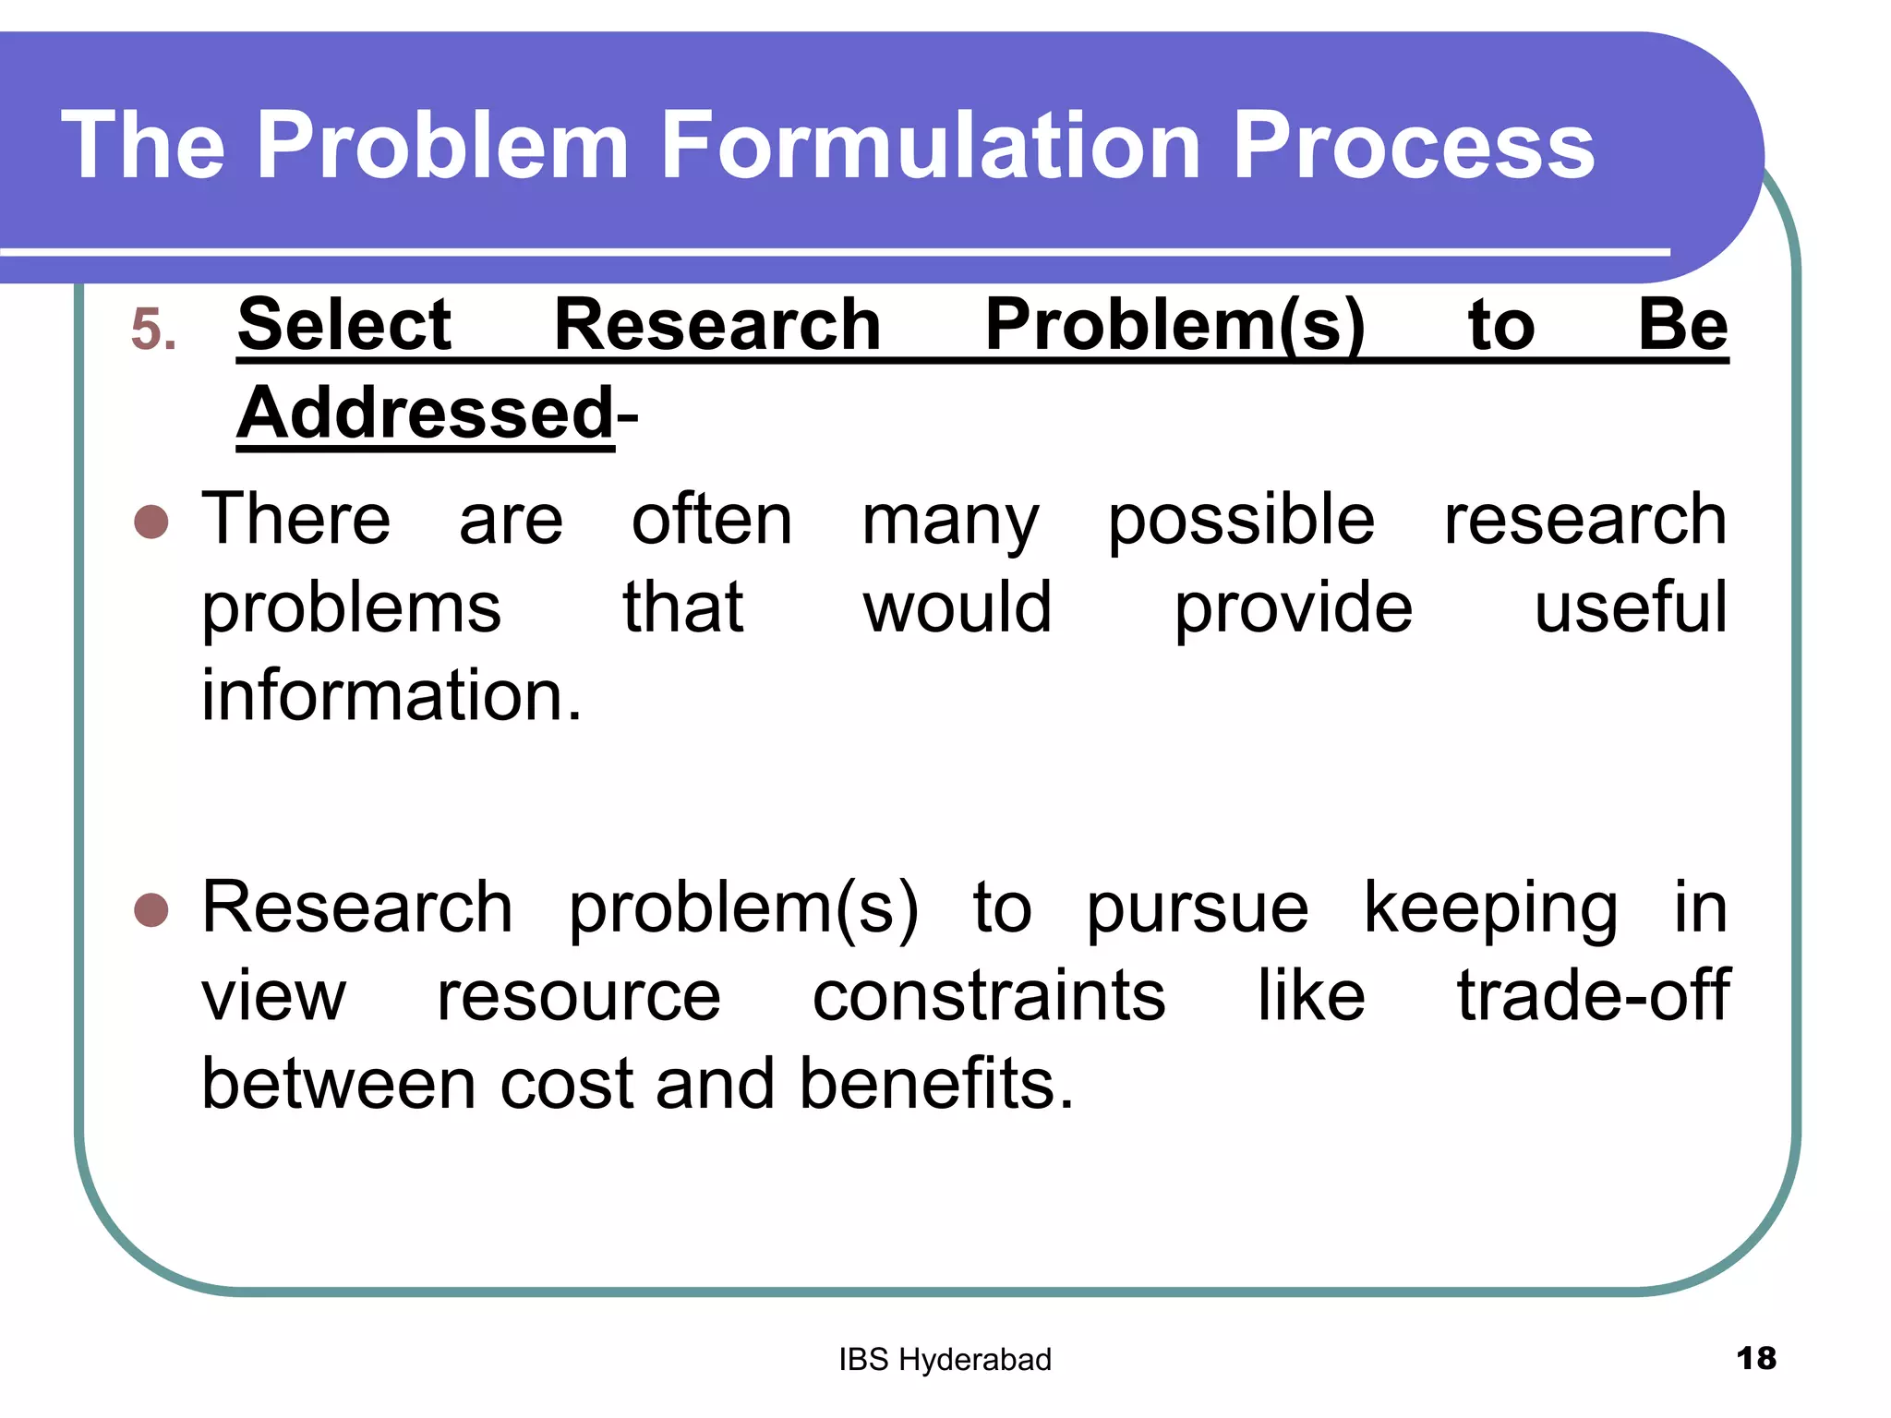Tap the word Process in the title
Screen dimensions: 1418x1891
tap(1413, 145)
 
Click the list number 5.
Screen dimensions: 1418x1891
tap(152, 330)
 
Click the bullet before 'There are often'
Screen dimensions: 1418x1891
tap(151, 522)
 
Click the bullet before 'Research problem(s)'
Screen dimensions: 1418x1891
tap(151, 910)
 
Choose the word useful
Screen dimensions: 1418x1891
tap(1631, 607)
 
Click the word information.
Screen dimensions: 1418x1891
tap(391, 695)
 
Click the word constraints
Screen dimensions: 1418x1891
tap(989, 996)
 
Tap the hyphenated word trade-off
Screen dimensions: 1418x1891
tap(1593, 996)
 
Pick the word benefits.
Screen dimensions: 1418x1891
tap(936, 1084)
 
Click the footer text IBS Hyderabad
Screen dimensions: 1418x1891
tap(945, 1360)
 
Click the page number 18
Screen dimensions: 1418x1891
tap(1755, 1359)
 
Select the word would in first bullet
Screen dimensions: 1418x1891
tap(958, 607)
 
